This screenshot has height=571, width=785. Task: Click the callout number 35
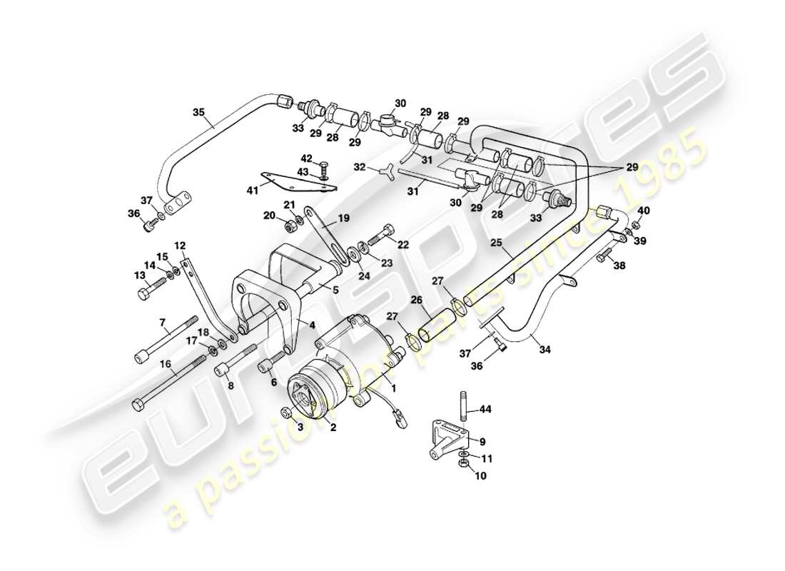coord(198,111)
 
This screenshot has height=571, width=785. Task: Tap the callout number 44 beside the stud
coord(485,409)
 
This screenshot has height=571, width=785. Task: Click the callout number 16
coord(166,363)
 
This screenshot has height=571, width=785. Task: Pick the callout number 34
coord(545,350)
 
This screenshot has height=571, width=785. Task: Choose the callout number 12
coord(180,246)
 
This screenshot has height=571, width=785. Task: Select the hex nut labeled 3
coord(286,413)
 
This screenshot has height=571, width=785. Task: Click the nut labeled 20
coord(290,228)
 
